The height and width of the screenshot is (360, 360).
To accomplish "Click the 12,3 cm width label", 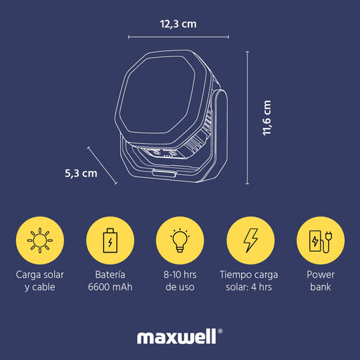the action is tap(179, 24).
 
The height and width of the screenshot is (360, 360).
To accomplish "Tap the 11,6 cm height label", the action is tap(267, 117).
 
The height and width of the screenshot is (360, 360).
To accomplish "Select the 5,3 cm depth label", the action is tap(81, 174).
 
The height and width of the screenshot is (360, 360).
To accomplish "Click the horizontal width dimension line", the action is tap(179, 37).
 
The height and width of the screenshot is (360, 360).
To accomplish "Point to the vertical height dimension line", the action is tap(247, 117).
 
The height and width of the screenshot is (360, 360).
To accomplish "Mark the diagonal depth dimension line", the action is tap(102, 165).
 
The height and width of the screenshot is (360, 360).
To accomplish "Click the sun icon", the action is tap(40, 240).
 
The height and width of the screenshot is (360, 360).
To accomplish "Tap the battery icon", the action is tap(110, 240).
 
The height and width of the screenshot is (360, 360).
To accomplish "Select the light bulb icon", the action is tap(180, 240).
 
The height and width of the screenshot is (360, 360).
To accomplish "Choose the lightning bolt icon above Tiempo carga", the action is tap(250, 240).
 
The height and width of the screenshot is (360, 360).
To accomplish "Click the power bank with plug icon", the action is tap(321, 241).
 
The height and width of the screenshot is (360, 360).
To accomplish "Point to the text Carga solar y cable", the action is tap(40, 281).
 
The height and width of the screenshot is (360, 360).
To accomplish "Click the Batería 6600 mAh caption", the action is tap(110, 281).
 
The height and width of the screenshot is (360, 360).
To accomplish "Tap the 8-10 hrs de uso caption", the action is tap(180, 281).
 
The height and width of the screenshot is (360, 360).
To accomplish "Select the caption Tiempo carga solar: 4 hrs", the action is tap(249, 281).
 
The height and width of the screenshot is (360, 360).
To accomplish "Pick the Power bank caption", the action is tap(321, 281).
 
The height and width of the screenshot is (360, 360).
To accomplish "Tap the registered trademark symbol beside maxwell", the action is tap(220, 331).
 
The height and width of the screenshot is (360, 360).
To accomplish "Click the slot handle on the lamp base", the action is tap(165, 174).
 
